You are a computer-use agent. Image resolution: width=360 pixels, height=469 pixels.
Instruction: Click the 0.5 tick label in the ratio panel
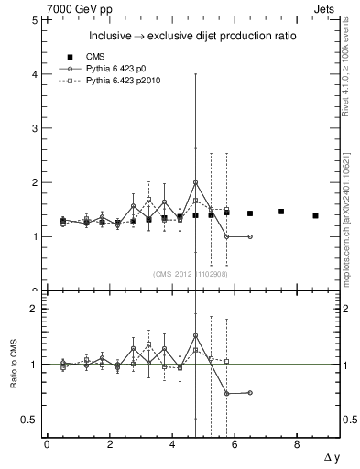(29, 420)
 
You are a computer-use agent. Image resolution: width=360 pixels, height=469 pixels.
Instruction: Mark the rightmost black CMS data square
(315, 215)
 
